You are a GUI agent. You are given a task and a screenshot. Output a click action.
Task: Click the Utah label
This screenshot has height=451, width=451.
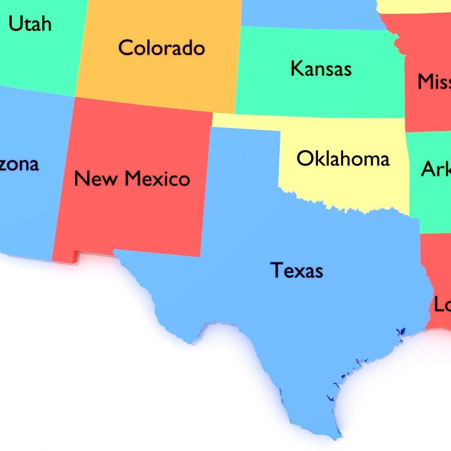point(30,24)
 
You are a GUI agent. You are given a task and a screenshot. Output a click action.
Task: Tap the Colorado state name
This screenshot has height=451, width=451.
point(162,48)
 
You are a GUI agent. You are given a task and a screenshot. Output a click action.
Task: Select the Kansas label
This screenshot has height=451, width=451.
point(321,69)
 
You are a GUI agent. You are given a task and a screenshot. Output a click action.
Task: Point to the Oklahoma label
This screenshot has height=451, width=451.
point(343,158)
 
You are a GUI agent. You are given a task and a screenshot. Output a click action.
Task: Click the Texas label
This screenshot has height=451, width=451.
point(297,270)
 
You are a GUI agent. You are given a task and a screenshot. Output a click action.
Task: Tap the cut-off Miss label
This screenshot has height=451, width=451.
point(434,82)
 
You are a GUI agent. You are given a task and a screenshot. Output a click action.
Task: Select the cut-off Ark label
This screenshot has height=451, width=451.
point(436,169)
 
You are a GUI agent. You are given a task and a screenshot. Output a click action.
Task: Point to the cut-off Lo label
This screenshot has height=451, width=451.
point(442,304)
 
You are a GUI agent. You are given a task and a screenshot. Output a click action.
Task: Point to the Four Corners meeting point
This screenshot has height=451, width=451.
point(75,97)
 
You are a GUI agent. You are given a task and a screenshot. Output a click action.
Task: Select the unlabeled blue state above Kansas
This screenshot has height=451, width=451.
point(308,13)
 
